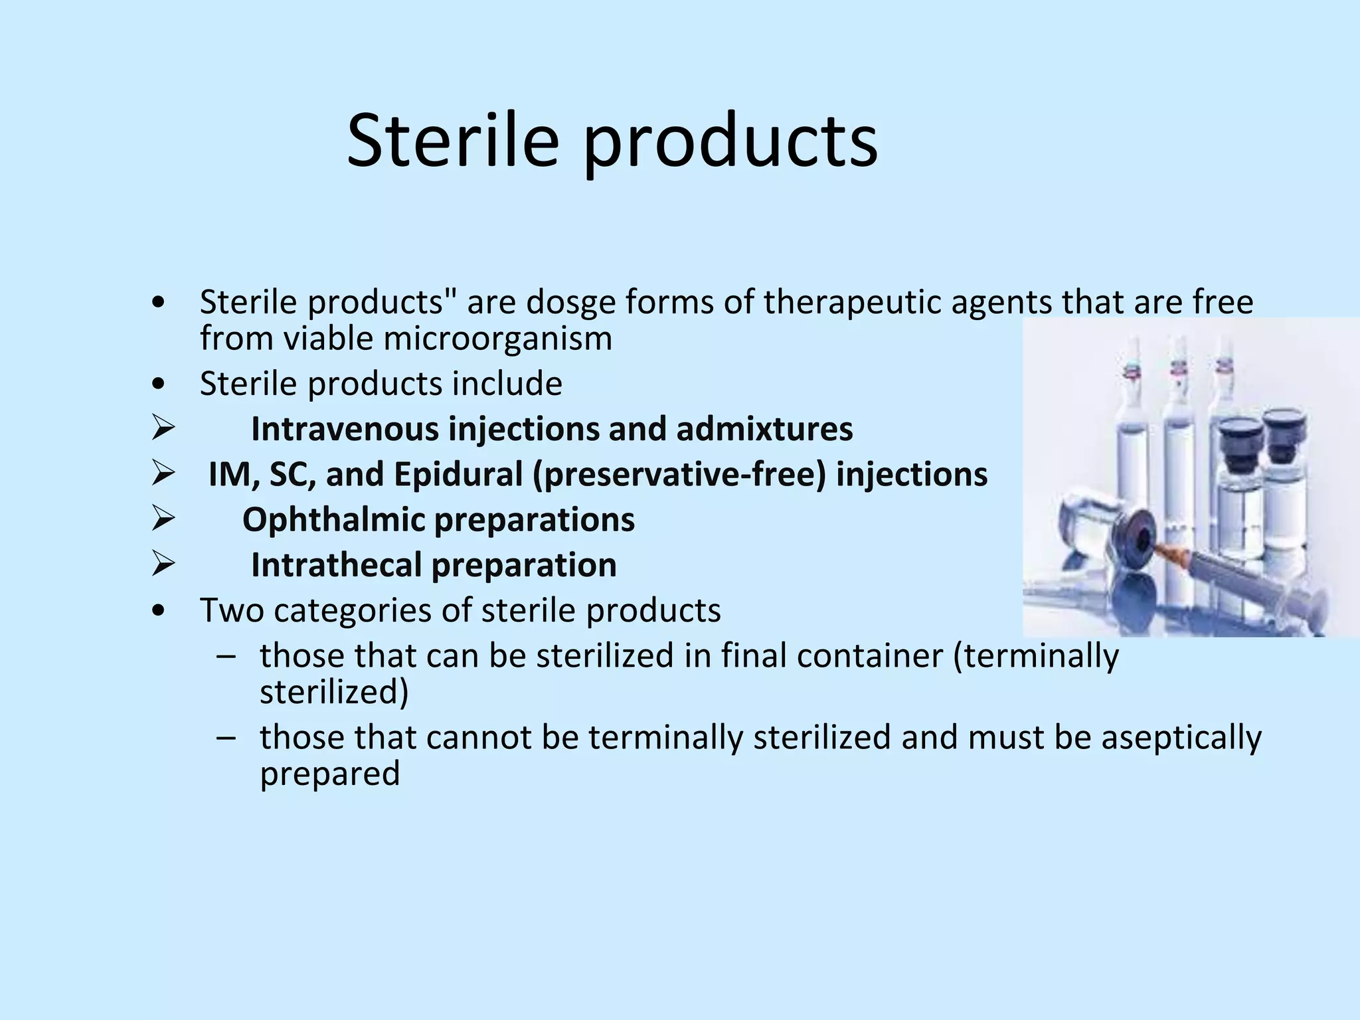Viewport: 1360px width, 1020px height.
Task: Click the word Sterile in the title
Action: [x=452, y=141]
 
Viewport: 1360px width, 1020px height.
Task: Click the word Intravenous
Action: [x=345, y=429]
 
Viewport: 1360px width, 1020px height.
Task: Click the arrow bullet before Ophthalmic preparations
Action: [x=162, y=520]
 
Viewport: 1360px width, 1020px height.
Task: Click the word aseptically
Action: [x=1181, y=738]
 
